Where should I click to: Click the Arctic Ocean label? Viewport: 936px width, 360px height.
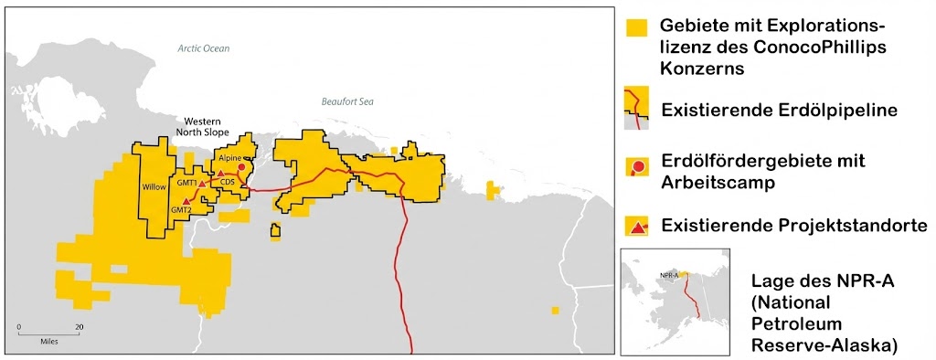click(204, 48)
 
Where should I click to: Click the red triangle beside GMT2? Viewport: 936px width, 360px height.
click(186, 200)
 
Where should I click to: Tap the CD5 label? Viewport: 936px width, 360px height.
click(228, 182)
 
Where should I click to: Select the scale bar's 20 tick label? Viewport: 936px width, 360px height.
click(80, 326)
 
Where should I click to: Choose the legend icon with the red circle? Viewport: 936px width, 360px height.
click(636, 167)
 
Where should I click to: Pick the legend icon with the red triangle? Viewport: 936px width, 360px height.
click(636, 224)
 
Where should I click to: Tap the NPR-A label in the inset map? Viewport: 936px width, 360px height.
click(670, 273)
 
